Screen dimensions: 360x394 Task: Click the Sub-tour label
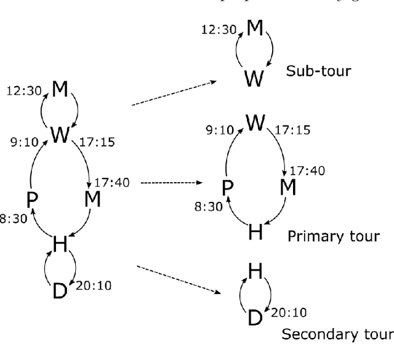(318, 71)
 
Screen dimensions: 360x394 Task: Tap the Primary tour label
(333, 236)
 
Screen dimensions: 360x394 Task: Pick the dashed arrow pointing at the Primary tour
(172, 183)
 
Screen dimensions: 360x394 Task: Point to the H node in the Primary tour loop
(254, 231)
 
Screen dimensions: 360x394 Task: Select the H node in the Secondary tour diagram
(253, 271)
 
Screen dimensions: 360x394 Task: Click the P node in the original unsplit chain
(33, 199)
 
